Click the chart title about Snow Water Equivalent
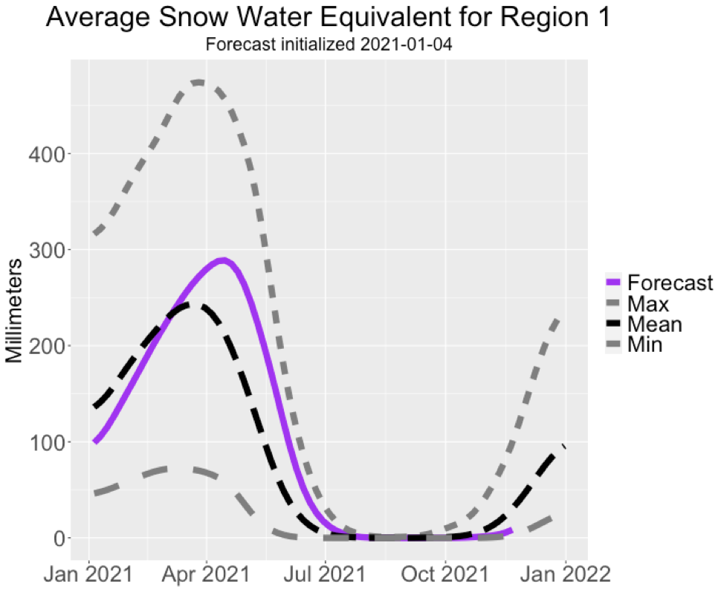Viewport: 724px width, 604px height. [329, 18]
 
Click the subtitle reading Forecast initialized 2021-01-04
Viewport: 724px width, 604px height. [329, 45]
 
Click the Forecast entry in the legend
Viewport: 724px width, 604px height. [670, 283]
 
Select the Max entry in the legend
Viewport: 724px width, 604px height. [648, 303]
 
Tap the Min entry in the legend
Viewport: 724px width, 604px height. [644, 344]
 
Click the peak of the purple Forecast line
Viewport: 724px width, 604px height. [222, 260]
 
